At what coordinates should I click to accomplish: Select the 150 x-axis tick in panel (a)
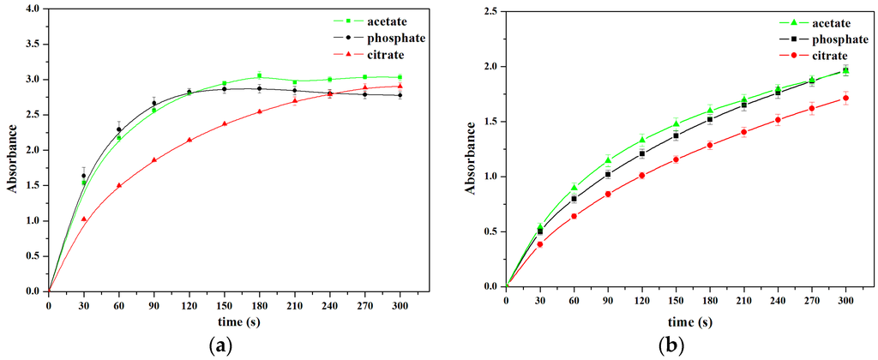pos(224,304)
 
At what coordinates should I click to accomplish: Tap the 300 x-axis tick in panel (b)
pos(846,299)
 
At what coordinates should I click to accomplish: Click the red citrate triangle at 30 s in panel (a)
pos(83,219)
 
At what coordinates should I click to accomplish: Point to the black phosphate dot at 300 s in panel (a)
pos(400,95)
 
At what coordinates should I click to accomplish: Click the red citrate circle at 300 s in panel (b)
pos(846,98)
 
